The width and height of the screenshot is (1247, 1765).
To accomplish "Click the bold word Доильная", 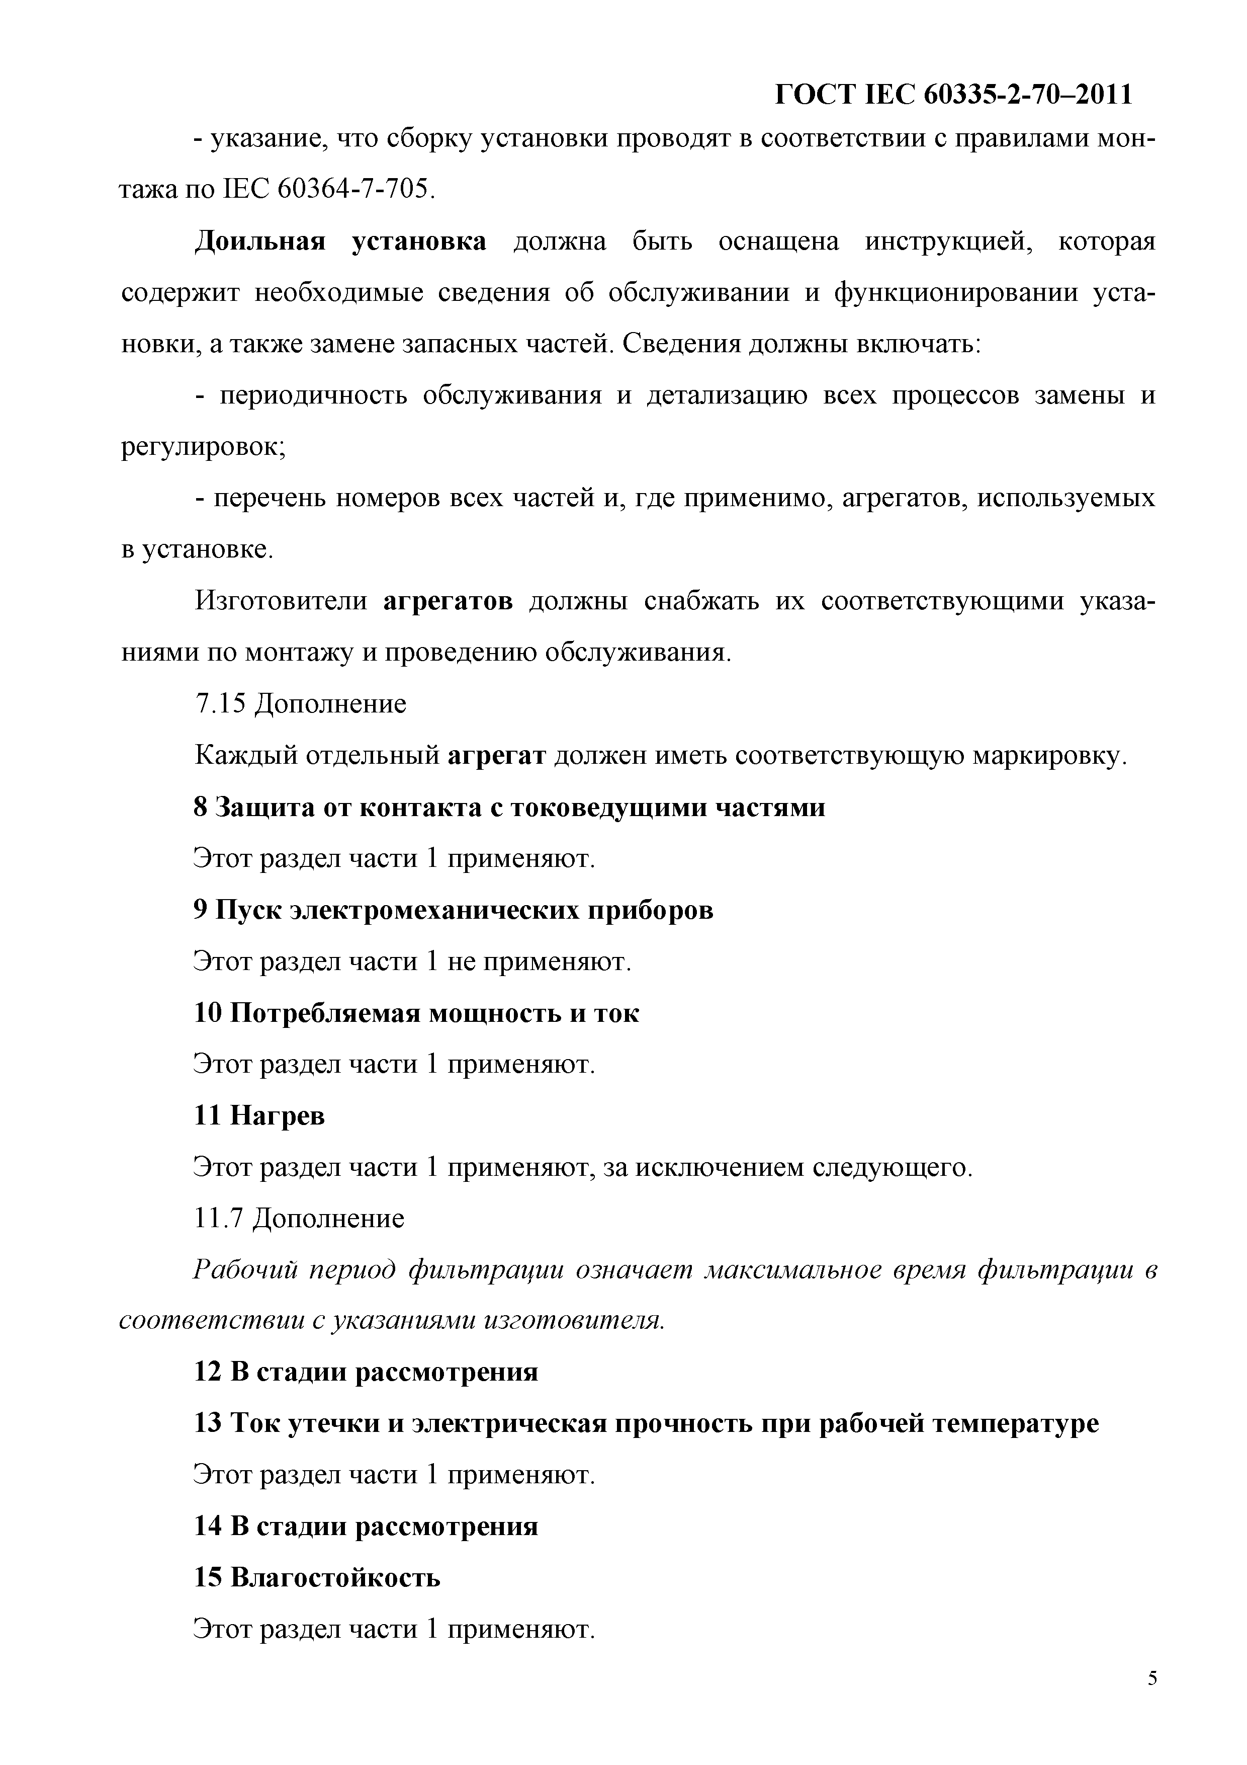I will tap(259, 242).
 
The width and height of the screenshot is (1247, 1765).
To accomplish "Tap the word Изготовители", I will tap(281, 600).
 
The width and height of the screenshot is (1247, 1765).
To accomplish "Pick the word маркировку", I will tap(1049, 756).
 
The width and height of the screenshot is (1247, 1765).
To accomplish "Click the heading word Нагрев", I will tap(278, 1115).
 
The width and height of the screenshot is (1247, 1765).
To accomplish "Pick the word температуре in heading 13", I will tap(1015, 1424).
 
